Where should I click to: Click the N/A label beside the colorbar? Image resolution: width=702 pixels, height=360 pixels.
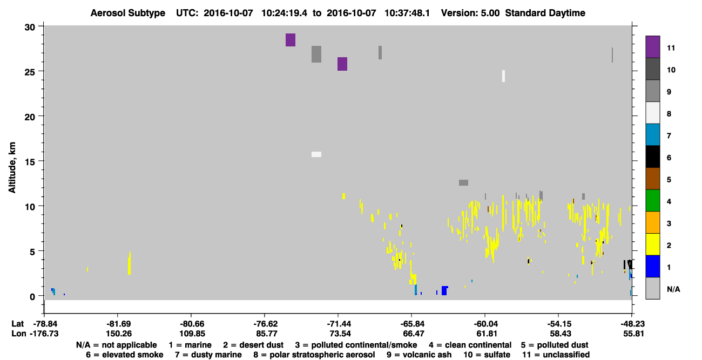point(673,289)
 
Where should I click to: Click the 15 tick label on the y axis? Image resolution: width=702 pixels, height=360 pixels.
point(30,162)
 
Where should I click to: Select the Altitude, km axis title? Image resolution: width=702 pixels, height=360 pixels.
point(12,168)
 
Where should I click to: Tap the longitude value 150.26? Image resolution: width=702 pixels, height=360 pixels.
point(119,334)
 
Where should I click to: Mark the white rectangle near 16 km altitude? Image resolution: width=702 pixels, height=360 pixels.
point(316,154)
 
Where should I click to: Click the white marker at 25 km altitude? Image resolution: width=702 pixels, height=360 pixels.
point(503,76)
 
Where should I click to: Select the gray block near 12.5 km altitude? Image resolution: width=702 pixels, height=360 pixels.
point(463,182)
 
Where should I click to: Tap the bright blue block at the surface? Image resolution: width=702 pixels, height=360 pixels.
point(444,291)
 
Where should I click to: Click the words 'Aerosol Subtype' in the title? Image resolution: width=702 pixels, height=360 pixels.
point(128,13)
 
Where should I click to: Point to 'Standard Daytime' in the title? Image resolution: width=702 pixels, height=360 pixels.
point(545,13)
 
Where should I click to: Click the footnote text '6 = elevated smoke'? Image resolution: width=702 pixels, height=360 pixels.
point(125,355)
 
